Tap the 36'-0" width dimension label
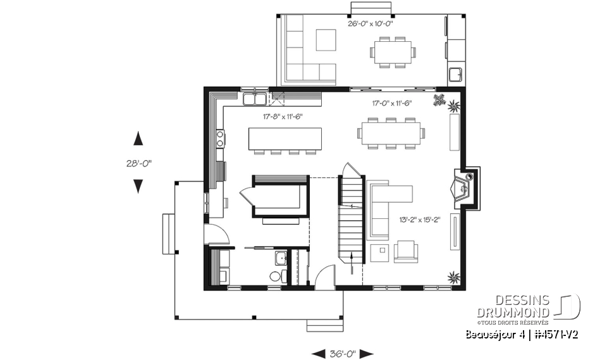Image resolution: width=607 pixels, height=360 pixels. point(343,353)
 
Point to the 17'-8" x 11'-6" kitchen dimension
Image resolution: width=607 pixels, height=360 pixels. point(284,116)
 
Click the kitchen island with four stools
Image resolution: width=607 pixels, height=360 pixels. point(285,138)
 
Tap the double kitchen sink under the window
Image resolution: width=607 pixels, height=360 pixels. point(255,99)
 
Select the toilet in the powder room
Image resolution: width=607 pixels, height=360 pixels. point(276,276)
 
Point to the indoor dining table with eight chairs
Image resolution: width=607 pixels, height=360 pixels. point(392,133)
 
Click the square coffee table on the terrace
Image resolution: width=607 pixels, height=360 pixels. point(327,39)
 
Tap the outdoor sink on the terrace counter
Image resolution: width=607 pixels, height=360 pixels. point(455,75)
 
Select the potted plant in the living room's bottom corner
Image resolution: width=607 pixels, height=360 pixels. point(453,276)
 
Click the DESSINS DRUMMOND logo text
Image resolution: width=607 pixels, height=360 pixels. point(513,307)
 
